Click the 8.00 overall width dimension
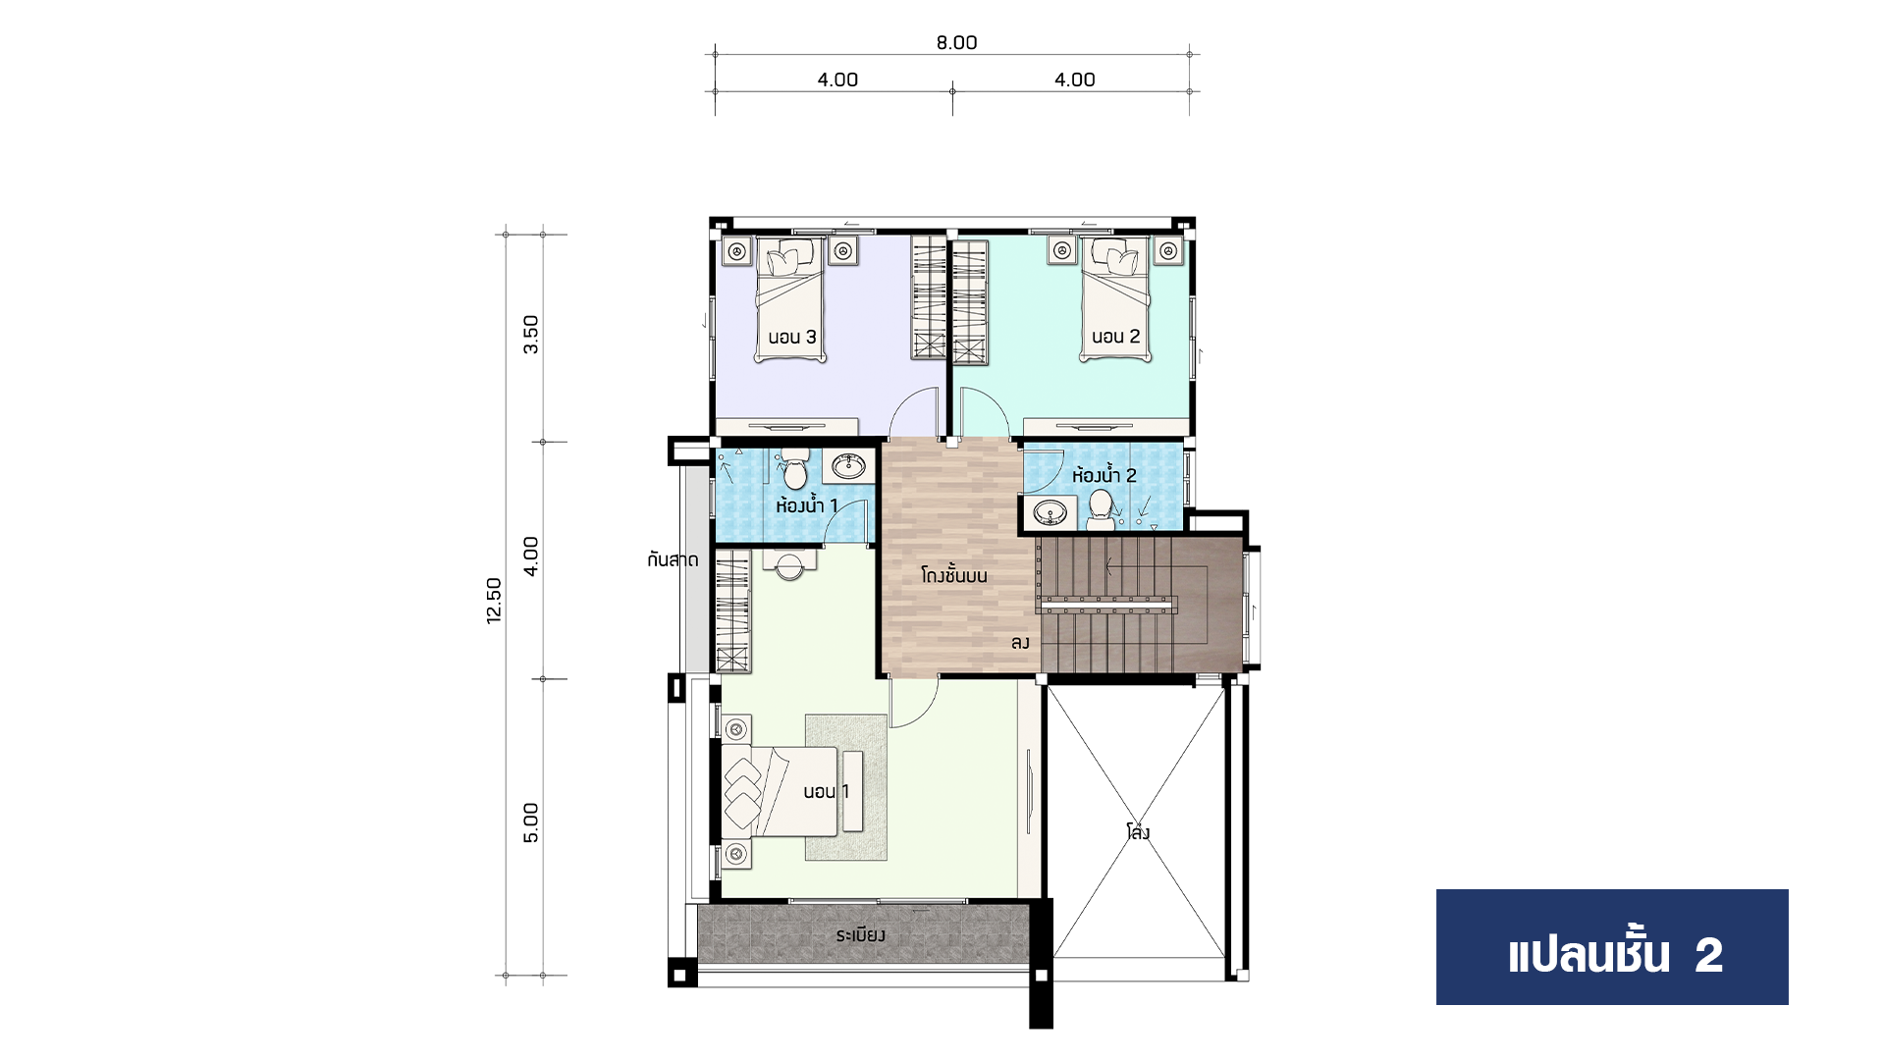coord(956,42)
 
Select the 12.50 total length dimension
coord(494,601)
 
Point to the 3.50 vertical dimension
coord(531,335)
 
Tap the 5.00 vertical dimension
coord(531,822)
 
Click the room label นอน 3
coord(792,338)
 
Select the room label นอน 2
coord(1116,337)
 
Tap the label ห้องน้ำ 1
coord(807,505)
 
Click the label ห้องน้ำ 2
coord(1104,475)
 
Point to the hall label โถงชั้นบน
coord(954,575)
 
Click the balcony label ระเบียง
coord(861,935)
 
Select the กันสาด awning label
coord(673,560)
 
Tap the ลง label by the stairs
coord(1020,643)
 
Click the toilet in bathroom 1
coord(794,469)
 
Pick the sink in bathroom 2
coord(1051,512)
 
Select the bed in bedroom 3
coord(788,298)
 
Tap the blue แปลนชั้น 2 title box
coord(1612,947)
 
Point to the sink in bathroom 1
coord(848,466)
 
